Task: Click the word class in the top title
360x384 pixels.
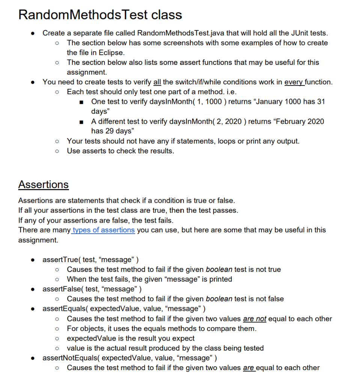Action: (x=167, y=15)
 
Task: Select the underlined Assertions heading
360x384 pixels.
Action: (x=43, y=184)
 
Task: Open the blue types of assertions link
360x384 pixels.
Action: (x=103, y=230)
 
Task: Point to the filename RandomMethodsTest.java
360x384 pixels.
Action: (x=179, y=33)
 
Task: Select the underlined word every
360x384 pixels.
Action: (x=294, y=82)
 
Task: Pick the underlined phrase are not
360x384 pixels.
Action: (x=255, y=319)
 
